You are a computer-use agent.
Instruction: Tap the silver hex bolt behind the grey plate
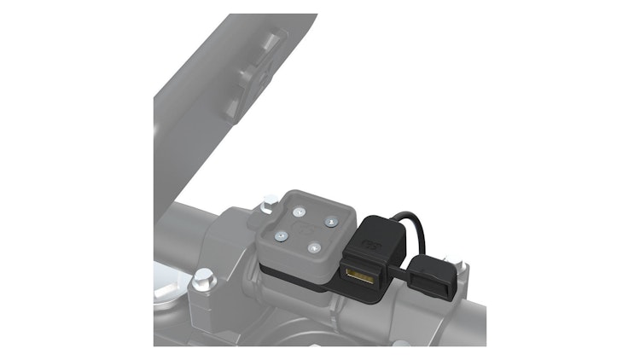269,202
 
